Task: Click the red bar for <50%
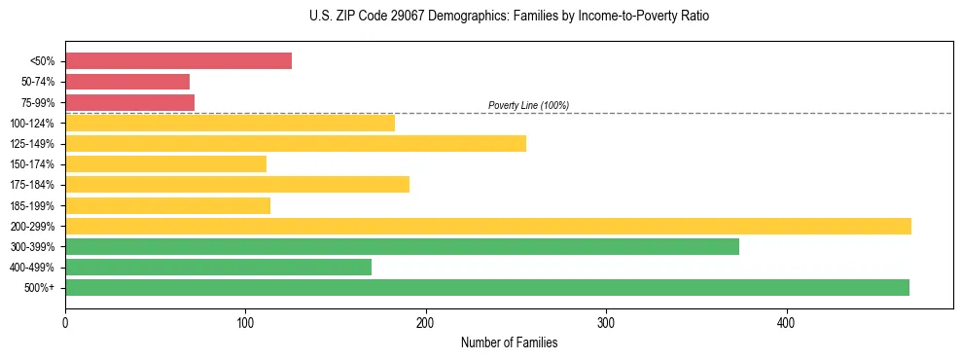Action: click(x=178, y=61)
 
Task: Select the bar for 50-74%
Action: click(x=127, y=82)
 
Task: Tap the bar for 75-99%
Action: click(x=129, y=102)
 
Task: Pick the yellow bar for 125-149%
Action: click(x=296, y=143)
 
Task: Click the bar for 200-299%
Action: click(x=488, y=226)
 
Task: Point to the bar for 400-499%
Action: click(x=218, y=267)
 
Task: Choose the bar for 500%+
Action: click(x=487, y=287)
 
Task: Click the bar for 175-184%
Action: click(x=237, y=184)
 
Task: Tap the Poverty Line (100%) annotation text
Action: click(x=528, y=105)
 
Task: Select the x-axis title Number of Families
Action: click(x=509, y=342)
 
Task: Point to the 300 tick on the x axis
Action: click(x=606, y=321)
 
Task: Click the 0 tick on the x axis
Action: click(x=65, y=321)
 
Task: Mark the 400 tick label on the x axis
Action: click(x=786, y=321)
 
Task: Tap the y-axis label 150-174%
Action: click(x=32, y=164)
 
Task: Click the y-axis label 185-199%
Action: click(x=32, y=205)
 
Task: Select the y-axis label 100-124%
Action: click(x=32, y=124)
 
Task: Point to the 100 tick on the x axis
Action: click(x=245, y=321)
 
